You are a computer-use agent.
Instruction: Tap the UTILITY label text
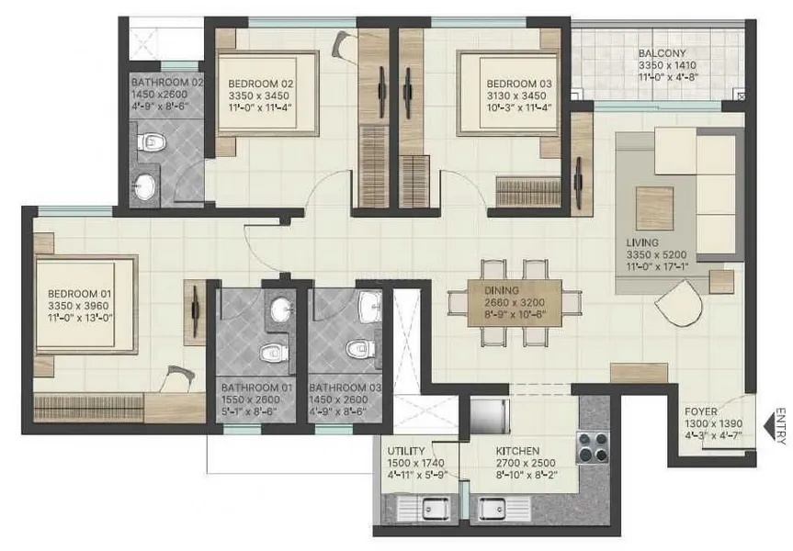tap(405, 452)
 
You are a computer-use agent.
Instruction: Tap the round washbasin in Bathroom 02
tap(144, 186)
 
